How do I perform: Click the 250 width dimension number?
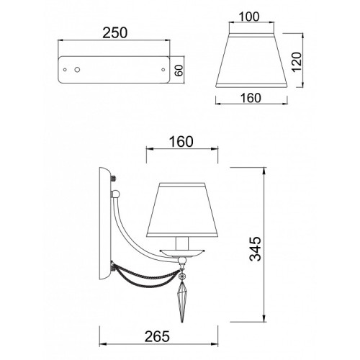click(115, 33)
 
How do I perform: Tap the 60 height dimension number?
click(179, 70)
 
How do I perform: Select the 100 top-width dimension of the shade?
click(249, 17)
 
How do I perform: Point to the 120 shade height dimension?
click(297, 62)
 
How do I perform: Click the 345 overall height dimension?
click(255, 248)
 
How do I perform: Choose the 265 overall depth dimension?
click(157, 336)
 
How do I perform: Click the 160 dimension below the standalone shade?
click(251, 98)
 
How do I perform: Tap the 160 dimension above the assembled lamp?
click(181, 142)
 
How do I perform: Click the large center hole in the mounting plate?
click(77, 70)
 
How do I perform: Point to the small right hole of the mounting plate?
click(163, 70)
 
